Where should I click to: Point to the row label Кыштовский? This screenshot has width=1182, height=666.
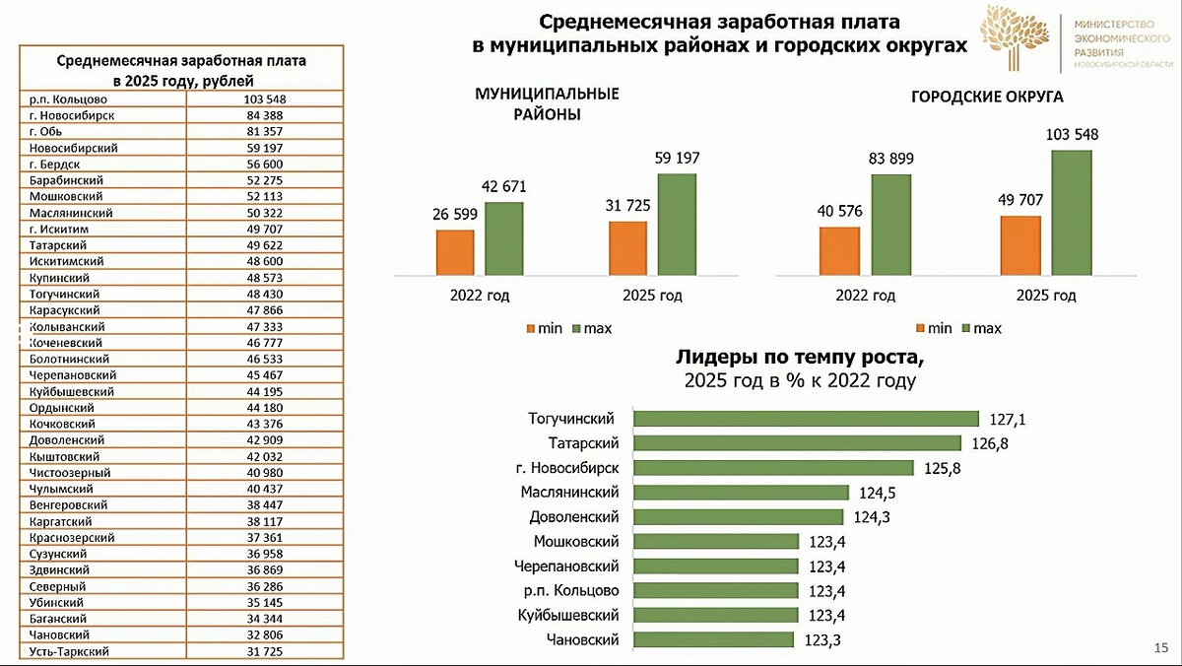click(x=65, y=457)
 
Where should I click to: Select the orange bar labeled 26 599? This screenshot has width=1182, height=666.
click(x=455, y=251)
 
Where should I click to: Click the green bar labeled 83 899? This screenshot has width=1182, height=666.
click(x=890, y=224)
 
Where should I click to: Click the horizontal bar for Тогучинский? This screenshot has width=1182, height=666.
click(x=805, y=419)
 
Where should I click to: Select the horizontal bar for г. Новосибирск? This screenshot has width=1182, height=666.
click(x=772, y=468)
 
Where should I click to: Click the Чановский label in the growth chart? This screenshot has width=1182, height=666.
click(x=582, y=640)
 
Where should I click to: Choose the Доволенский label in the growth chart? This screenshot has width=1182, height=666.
click(x=573, y=517)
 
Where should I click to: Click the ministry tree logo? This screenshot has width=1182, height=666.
click(x=1014, y=37)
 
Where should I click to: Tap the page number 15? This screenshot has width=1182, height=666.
click(x=1159, y=647)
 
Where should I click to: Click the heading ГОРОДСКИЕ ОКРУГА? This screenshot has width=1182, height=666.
click(x=986, y=98)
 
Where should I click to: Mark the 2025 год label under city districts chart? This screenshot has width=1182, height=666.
click(x=1045, y=296)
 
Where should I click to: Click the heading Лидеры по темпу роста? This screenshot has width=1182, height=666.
click(x=800, y=357)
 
